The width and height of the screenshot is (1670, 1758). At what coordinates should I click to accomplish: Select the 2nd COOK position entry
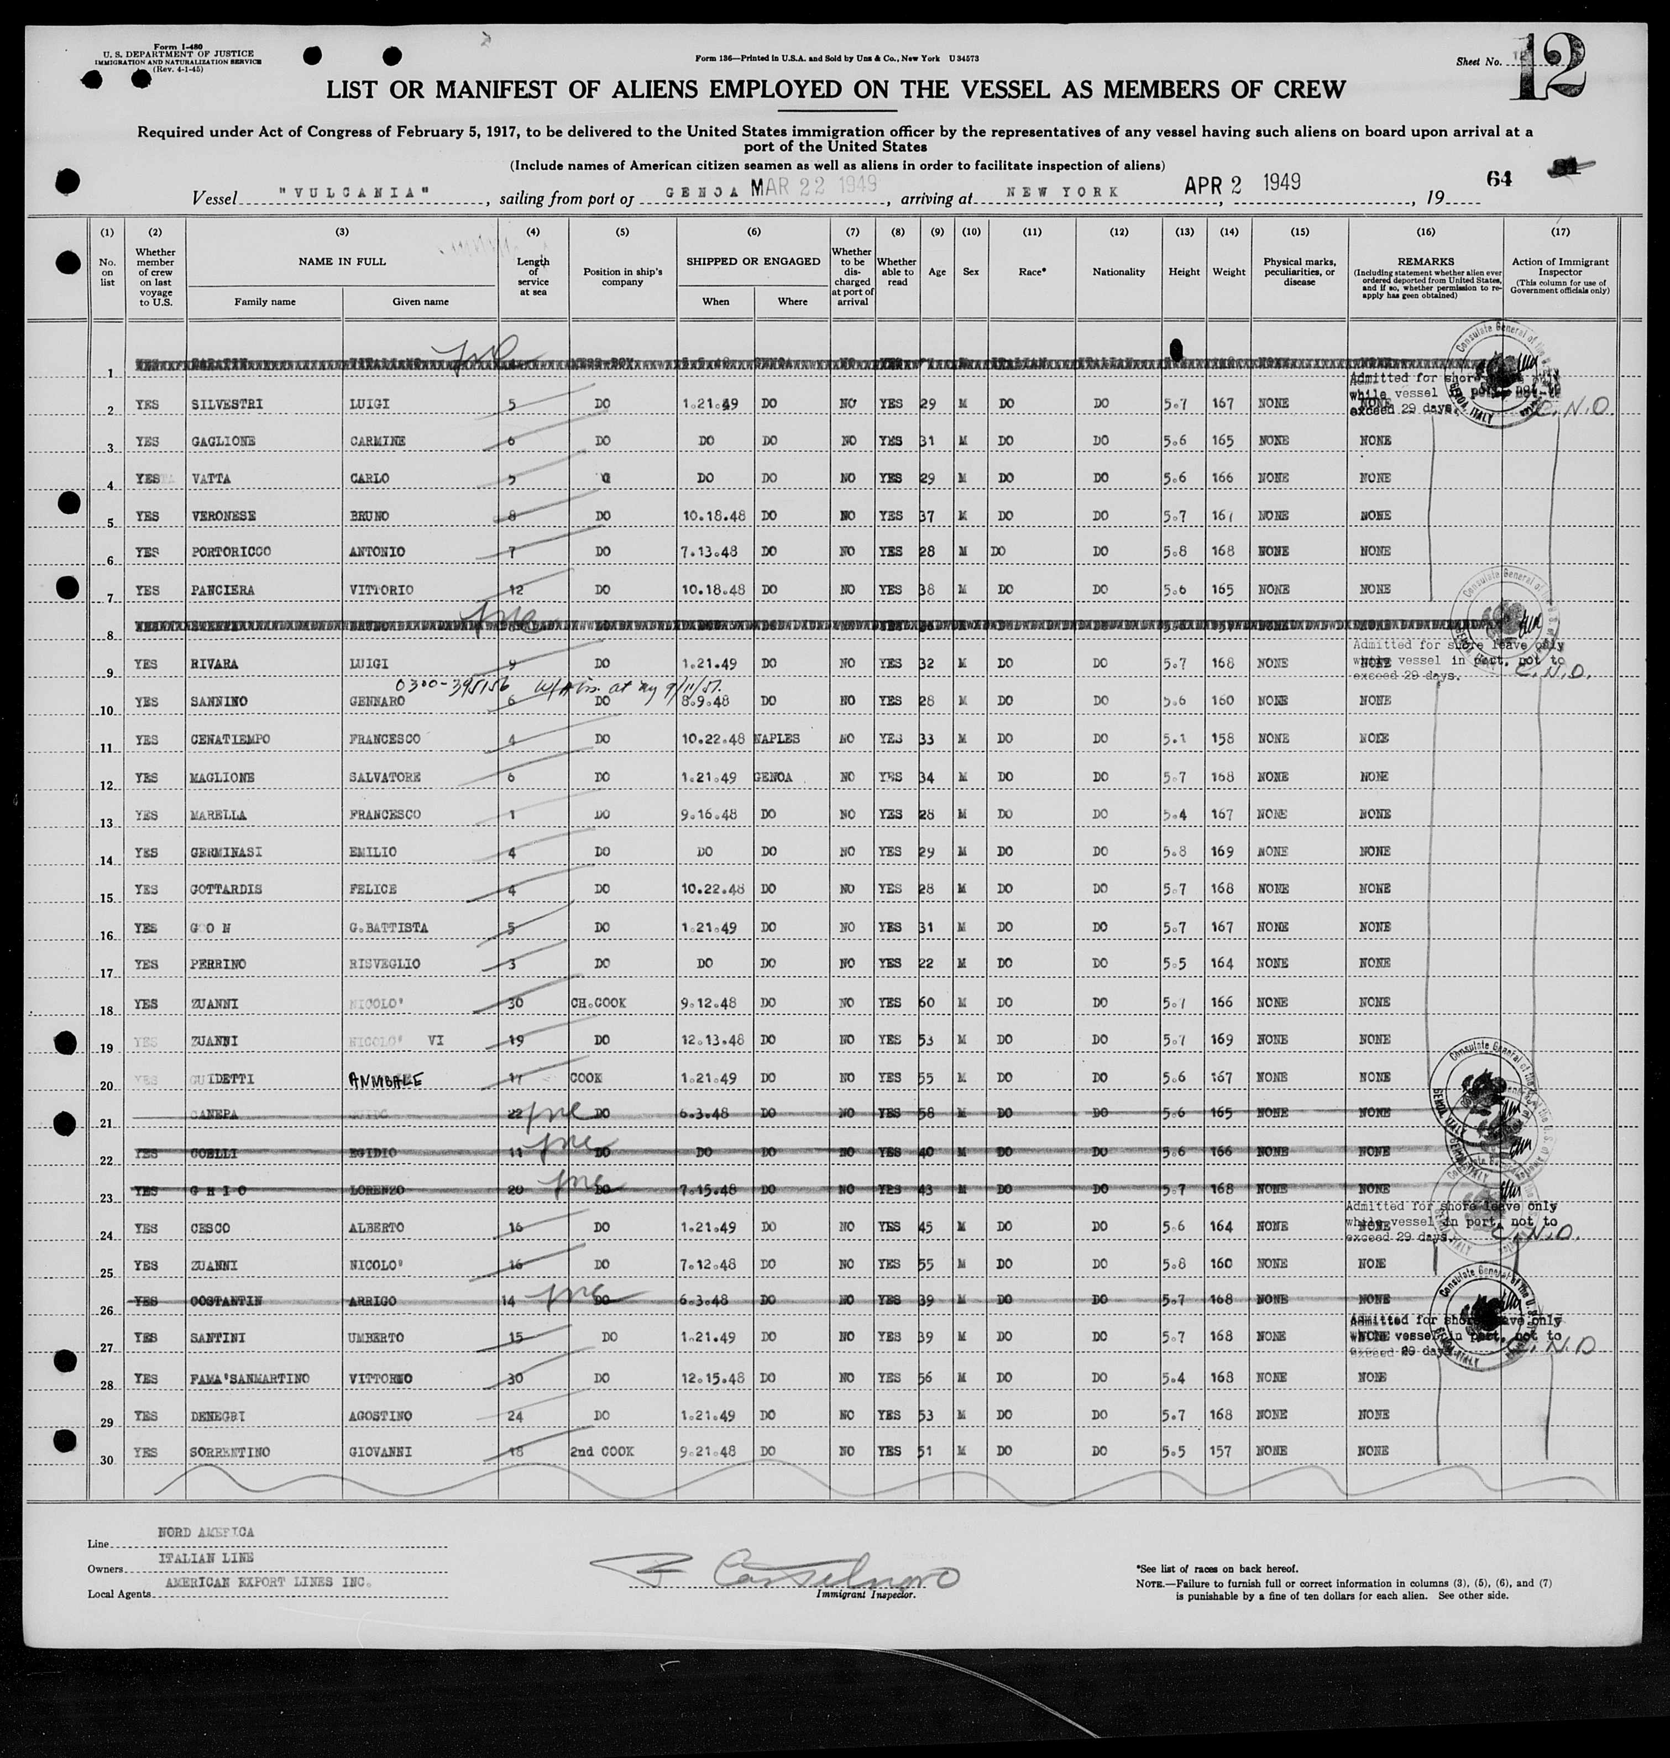point(602,1452)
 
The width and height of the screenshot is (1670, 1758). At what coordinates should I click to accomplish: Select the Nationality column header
point(1118,271)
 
